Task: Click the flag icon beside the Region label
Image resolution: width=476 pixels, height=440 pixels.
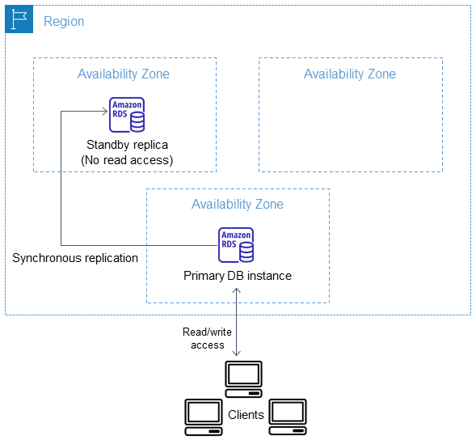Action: click(x=18, y=19)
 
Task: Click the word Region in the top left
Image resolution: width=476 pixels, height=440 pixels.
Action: click(x=63, y=22)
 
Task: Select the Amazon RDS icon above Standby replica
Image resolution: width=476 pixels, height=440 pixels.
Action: click(x=127, y=114)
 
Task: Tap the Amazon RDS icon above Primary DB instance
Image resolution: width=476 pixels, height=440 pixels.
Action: click(x=236, y=245)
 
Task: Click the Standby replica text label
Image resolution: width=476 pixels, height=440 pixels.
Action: click(x=127, y=145)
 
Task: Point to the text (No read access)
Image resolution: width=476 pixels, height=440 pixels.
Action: click(x=127, y=160)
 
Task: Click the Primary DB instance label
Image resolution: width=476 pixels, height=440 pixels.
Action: click(x=237, y=276)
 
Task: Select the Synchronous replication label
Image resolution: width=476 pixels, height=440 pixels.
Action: click(x=75, y=258)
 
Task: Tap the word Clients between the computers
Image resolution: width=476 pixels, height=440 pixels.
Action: click(x=246, y=415)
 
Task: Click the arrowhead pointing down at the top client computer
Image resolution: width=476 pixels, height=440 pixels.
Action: click(x=237, y=353)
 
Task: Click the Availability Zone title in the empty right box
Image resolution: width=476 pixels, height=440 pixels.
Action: click(x=349, y=74)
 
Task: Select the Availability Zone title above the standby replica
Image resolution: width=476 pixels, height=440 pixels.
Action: click(x=124, y=74)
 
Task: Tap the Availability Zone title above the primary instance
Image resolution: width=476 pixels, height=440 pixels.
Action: click(x=237, y=204)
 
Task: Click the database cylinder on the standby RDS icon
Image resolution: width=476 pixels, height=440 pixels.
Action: click(x=137, y=121)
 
